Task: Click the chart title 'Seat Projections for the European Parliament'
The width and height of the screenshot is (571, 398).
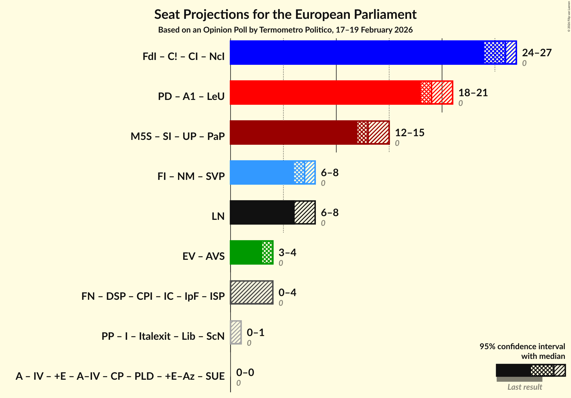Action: click(x=285, y=14)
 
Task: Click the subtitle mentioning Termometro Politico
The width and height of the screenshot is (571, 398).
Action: click(x=285, y=30)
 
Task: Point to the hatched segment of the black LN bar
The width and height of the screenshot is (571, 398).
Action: click(x=305, y=212)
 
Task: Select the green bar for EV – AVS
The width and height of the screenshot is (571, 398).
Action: click(x=246, y=252)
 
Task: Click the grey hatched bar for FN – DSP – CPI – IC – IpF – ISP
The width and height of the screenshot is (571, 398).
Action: click(x=251, y=292)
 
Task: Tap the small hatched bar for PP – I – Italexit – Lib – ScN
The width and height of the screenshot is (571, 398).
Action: click(x=236, y=332)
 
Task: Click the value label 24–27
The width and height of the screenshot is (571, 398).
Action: click(x=536, y=53)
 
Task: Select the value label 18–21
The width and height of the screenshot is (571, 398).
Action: click(x=473, y=93)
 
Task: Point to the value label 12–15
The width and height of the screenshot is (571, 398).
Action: click(x=409, y=133)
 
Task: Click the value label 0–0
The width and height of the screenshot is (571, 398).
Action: click(x=245, y=373)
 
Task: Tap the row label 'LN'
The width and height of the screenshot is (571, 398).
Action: click(x=218, y=216)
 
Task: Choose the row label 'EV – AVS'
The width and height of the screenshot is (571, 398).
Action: click(x=203, y=256)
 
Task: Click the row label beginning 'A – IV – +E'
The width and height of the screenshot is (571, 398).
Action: click(x=120, y=376)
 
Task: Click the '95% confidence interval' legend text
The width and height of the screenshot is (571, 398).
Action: click(x=522, y=346)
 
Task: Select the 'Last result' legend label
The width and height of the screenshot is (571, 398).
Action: click(x=524, y=387)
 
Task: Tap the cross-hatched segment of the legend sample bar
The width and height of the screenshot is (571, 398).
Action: click(x=542, y=371)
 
